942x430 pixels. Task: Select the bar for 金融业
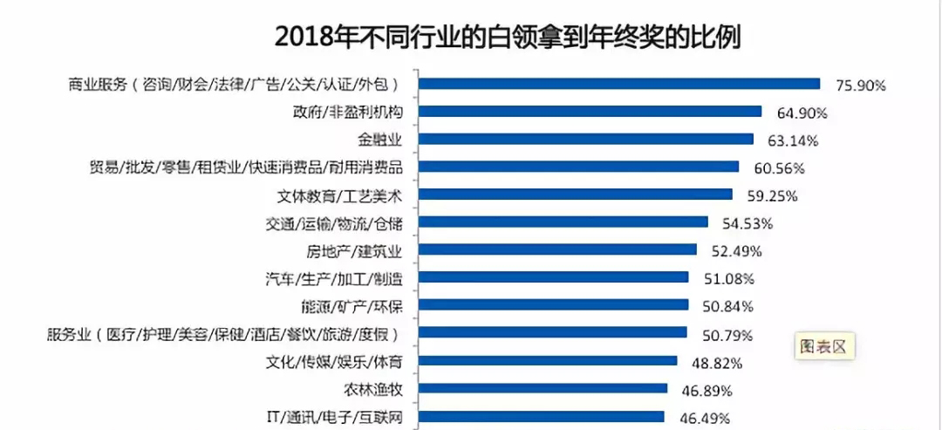[x=585, y=139]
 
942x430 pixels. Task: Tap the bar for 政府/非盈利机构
[x=590, y=111]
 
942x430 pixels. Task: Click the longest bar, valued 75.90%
[x=619, y=84]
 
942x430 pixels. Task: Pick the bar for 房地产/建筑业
[x=557, y=249]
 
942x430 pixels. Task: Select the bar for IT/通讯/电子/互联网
[x=541, y=417]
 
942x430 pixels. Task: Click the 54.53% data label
[x=747, y=224]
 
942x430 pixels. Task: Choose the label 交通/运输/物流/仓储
[x=335, y=223]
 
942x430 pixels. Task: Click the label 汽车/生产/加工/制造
[x=335, y=279]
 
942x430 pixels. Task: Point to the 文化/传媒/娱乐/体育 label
[x=335, y=362]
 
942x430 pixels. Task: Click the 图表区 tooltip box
[x=823, y=345]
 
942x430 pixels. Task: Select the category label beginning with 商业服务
[x=234, y=85]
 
